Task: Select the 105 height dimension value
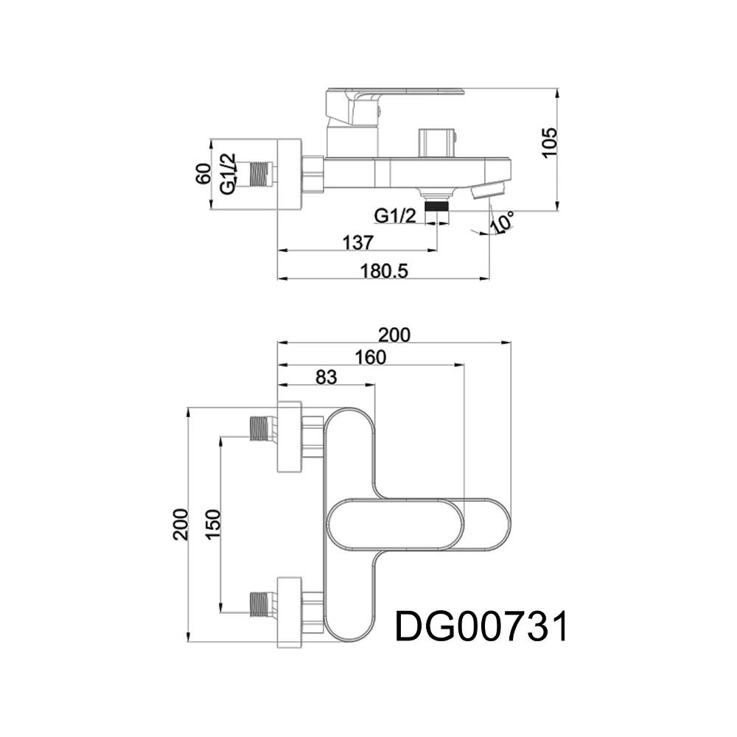coord(549,143)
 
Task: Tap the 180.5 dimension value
coord(384,271)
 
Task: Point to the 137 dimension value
coord(357,243)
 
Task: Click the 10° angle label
coord(501,222)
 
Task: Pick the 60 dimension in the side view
coord(203,174)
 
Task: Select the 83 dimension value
coord(326,377)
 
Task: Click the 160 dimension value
coord(371,357)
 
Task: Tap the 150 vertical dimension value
coord(213,525)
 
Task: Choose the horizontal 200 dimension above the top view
coord(394,335)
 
